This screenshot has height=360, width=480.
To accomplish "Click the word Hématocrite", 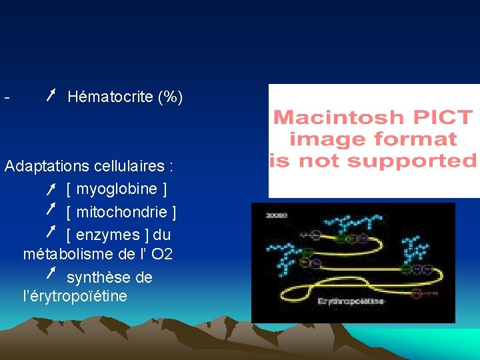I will (x=110, y=97).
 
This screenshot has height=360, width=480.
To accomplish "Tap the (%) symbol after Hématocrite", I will (x=170, y=97).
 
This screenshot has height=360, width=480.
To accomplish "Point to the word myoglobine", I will (x=117, y=189).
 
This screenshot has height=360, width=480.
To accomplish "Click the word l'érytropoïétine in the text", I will (x=75, y=296).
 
